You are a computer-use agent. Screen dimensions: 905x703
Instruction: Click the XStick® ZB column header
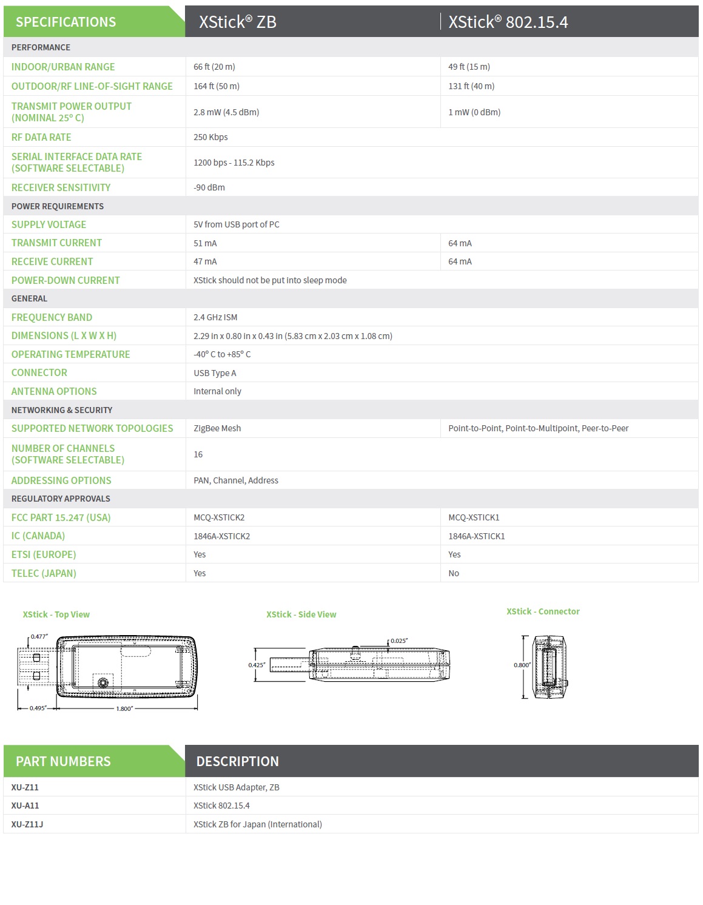click(238, 22)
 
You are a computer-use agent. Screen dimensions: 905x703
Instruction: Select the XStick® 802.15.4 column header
click(508, 22)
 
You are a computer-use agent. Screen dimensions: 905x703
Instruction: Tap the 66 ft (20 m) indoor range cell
click(214, 67)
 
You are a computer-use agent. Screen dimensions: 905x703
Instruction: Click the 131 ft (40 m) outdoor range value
click(471, 86)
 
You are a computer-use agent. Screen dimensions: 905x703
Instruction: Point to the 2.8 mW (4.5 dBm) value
click(226, 112)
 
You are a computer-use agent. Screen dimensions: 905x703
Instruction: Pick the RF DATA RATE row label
click(41, 137)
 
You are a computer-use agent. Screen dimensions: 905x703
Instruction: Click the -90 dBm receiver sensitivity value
click(209, 187)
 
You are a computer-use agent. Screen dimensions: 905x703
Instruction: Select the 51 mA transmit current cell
click(205, 243)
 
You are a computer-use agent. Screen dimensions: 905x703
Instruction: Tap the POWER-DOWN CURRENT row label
click(66, 280)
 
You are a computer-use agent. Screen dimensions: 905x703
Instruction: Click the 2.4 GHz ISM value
click(215, 317)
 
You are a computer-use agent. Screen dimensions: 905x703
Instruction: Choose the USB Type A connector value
click(215, 373)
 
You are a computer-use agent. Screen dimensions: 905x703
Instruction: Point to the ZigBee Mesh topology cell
click(217, 428)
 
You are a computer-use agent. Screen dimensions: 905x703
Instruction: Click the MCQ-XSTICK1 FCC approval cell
click(474, 517)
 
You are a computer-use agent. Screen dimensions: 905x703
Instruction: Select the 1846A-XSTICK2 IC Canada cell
click(221, 536)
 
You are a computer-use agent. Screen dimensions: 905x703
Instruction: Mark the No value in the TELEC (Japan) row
click(454, 573)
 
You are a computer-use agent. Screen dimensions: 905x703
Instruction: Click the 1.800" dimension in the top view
click(124, 708)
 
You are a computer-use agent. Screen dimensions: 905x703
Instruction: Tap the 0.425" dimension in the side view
click(257, 665)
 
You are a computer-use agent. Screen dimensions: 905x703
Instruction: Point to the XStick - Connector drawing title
click(543, 611)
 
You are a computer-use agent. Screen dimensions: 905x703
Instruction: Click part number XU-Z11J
click(27, 824)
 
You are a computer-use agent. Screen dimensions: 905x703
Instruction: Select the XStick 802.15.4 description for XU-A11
click(221, 806)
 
